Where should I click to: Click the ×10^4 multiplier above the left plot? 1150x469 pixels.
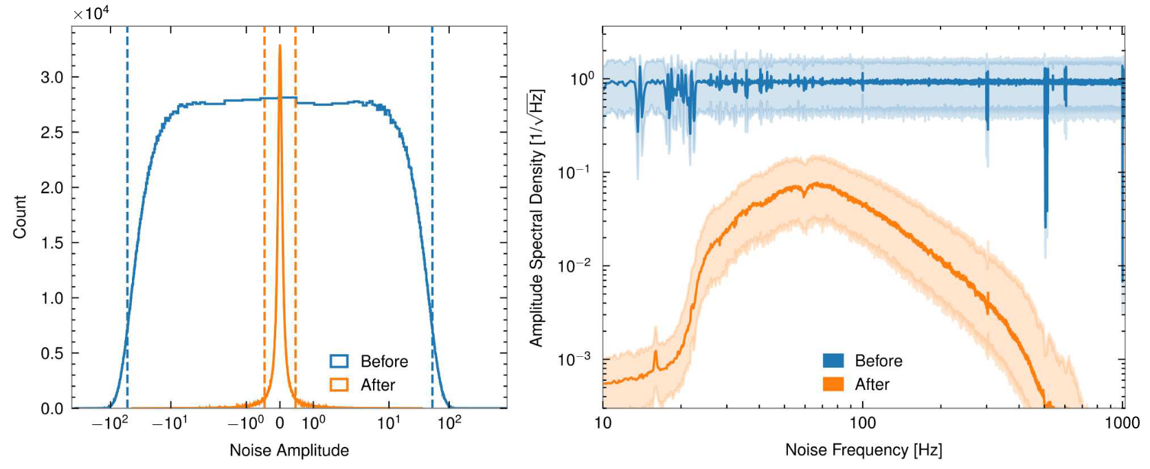click(x=91, y=14)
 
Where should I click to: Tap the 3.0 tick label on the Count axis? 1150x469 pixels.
click(x=52, y=77)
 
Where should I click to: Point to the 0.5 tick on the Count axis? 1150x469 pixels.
click(x=52, y=353)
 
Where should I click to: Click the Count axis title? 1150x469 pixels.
click(x=20, y=217)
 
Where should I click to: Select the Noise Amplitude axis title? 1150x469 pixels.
click(x=289, y=450)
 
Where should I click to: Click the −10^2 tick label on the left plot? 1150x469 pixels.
click(x=110, y=423)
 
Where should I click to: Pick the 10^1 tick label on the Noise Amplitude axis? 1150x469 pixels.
click(x=389, y=423)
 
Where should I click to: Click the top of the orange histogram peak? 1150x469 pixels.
click(x=280, y=46)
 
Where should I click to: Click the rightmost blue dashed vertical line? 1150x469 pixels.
click(x=432, y=206)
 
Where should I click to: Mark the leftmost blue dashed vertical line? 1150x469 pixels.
click(x=127, y=206)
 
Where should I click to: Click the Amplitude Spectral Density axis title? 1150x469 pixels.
click(x=537, y=217)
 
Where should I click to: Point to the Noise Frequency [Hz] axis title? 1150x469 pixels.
click(x=864, y=450)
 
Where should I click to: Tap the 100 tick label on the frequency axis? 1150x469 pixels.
click(x=863, y=423)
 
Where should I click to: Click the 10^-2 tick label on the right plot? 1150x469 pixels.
click(x=576, y=265)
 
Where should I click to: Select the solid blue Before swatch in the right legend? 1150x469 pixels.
click(x=833, y=361)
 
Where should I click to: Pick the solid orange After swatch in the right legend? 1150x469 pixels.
click(x=833, y=384)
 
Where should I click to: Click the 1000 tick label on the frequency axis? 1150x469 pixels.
click(x=1123, y=423)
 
